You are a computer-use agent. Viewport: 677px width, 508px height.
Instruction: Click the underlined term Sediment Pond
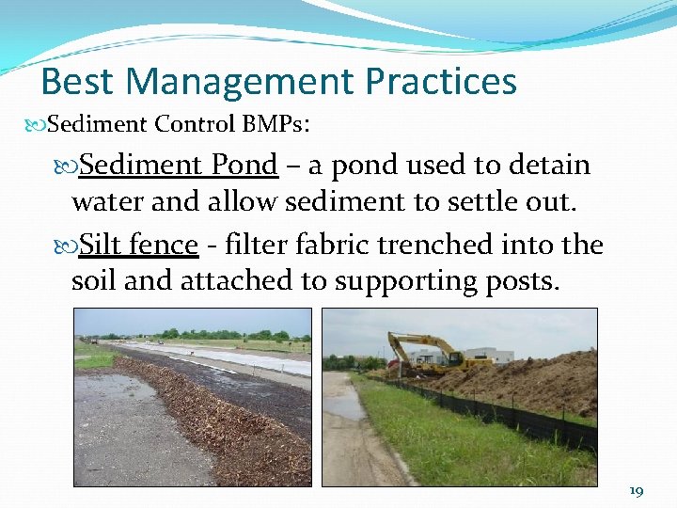[x=179, y=166]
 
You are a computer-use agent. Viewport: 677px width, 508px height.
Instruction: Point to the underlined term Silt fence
[x=138, y=246]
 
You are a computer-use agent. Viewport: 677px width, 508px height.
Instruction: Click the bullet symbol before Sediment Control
[x=37, y=124]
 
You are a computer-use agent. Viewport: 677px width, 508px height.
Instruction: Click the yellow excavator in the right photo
[x=423, y=353]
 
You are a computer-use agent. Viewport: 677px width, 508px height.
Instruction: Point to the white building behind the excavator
[x=489, y=356]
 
